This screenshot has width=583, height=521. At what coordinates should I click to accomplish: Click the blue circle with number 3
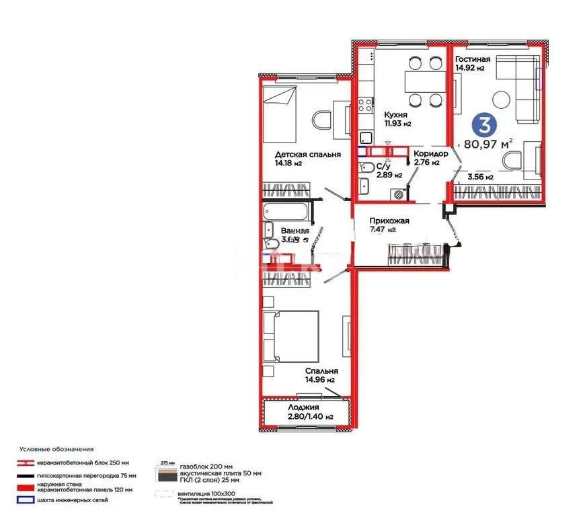481,124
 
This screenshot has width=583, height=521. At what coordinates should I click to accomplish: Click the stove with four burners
366,105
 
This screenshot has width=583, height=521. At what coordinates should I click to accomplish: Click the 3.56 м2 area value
480,177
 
